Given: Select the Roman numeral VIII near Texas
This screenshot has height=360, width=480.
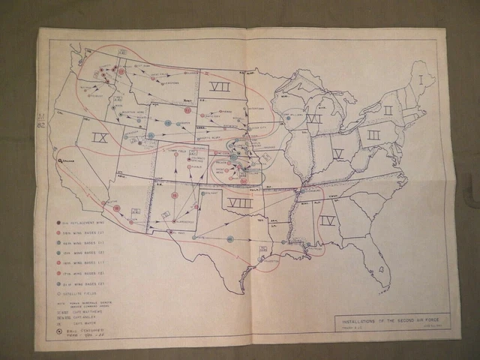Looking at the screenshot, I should pyautogui.click(x=239, y=203).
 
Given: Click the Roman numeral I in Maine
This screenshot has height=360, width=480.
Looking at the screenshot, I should pyautogui.click(x=423, y=78).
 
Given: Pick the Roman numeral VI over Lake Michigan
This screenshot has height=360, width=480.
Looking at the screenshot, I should pyautogui.click(x=313, y=118).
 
